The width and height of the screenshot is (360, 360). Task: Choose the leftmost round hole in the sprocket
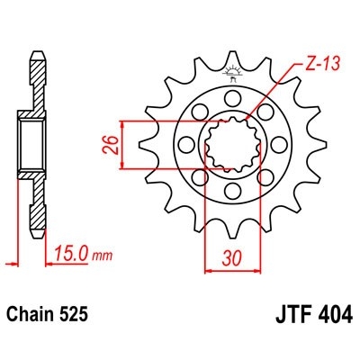click(187, 141)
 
